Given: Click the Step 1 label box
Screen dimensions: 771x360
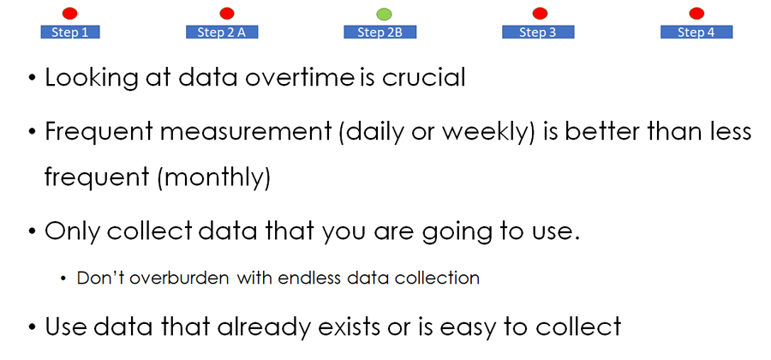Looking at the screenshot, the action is click(x=70, y=32).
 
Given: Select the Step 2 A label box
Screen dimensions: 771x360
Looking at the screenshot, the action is click(x=222, y=32).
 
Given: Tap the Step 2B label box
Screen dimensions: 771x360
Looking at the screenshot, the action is click(x=380, y=32).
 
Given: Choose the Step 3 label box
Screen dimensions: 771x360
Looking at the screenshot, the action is click(x=538, y=32).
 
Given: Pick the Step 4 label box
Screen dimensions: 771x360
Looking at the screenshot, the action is click(x=696, y=32).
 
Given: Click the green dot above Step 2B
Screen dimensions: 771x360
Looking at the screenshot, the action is click(x=384, y=14).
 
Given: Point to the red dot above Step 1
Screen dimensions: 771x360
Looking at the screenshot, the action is click(x=70, y=13).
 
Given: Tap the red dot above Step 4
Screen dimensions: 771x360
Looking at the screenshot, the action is click(x=696, y=13).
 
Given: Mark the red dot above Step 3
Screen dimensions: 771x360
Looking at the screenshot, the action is click(x=540, y=13).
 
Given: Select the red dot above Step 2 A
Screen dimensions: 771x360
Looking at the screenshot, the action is click(x=227, y=13).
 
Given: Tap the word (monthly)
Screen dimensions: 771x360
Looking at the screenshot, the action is click(x=214, y=178).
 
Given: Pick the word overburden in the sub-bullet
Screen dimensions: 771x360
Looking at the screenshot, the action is click(x=181, y=279).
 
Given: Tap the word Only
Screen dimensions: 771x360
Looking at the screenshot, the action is click(x=72, y=231).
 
